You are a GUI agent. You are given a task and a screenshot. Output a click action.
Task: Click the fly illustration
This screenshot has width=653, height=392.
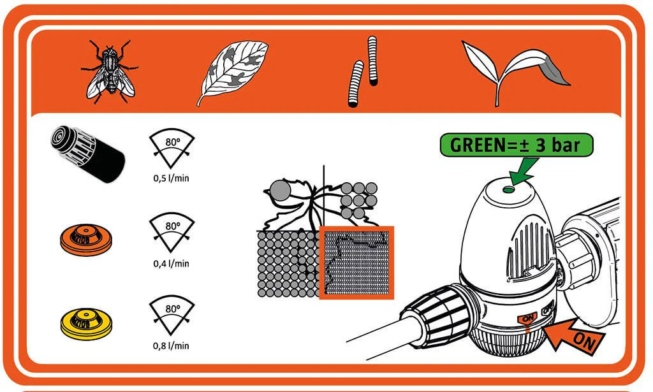[x=110, y=71]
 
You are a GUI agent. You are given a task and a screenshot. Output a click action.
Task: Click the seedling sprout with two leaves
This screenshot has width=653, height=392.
[x=517, y=71]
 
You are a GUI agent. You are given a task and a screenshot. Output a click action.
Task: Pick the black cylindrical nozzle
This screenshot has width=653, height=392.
[x=88, y=154]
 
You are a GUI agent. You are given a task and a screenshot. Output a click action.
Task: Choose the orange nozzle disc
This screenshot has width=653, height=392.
[x=86, y=240]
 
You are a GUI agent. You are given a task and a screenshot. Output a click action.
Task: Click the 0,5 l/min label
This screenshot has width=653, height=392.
[x=171, y=178]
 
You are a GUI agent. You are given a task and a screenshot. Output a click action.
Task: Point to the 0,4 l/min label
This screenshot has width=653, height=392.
[x=171, y=263]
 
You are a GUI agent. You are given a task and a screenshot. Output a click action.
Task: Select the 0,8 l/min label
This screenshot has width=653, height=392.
[x=171, y=346]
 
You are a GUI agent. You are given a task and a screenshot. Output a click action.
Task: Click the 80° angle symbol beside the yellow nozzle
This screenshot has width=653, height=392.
[x=172, y=315]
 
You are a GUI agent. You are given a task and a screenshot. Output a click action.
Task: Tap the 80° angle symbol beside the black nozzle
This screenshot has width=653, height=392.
[x=172, y=148]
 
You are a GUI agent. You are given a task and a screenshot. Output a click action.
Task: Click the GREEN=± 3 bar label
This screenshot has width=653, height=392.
[x=516, y=145]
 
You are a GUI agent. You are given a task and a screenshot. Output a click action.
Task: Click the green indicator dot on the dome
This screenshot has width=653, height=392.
[x=508, y=190]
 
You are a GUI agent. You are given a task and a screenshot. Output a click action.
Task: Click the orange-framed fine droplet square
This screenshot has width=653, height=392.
[x=356, y=263]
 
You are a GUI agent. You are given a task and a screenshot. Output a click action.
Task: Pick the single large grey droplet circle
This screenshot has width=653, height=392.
[x=281, y=191]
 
